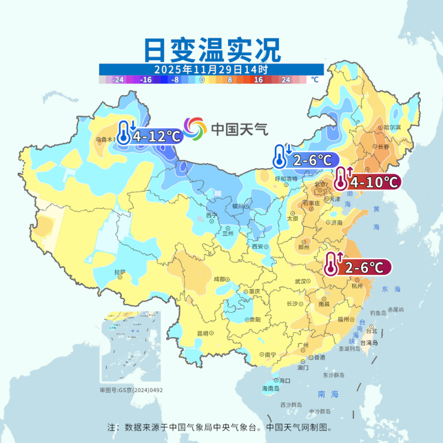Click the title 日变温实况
pyautogui.click(x=212, y=50)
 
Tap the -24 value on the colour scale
pyautogui.click(x=118, y=80)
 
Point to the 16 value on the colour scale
pyautogui.click(x=259, y=80)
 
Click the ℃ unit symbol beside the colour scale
pyautogui.click(x=315, y=80)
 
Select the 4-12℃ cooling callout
pyautogui.click(x=150, y=136)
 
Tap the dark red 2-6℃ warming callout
pyautogui.click(x=358, y=267)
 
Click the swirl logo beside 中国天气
pyautogui.click(x=194, y=128)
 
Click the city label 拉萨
pyautogui.click(x=120, y=272)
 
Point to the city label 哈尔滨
pyautogui.click(x=391, y=127)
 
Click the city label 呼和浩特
pyautogui.click(x=286, y=178)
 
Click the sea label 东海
pyautogui.click(x=390, y=290)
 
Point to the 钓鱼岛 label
pyautogui.click(x=378, y=313)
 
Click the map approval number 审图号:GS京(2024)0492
pyautogui.click(x=131, y=390)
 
